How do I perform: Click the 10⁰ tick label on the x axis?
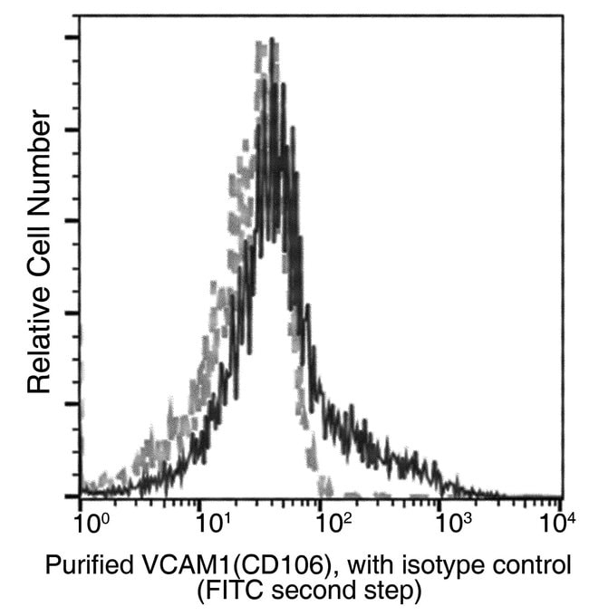coord(87,524)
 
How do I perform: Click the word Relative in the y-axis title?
coord(38,340)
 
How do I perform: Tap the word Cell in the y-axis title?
coord(38,245)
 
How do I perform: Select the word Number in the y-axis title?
coord(38,159)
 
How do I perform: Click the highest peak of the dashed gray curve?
coord(262,43)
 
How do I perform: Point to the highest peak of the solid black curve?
coord(272,40)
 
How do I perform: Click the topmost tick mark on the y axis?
coord(72,37)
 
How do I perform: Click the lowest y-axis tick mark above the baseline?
coord(72,404)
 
